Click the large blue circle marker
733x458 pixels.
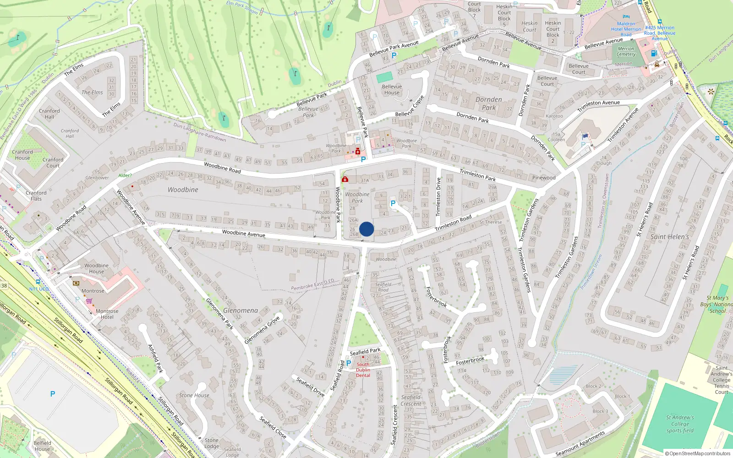click(366, 229)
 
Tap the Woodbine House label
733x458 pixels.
click(96, 268)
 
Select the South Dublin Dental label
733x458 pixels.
click(363, 370)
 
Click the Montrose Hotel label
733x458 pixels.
click(107, 314)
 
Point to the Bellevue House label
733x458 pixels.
click(392, 89)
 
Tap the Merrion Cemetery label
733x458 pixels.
click(626, 51)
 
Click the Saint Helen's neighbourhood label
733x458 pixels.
click(669, 237)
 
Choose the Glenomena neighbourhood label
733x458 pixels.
click(241, 311)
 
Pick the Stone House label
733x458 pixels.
click(194, 395)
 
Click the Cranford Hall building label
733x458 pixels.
click(49, 114)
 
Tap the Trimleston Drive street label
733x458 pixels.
click(438, 197)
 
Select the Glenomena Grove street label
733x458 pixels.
click(262, 330)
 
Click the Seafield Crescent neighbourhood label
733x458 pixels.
click(411, 400)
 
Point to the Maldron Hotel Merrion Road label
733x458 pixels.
click(626, 29)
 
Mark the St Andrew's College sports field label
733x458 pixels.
click(680, 424)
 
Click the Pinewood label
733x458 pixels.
click(544, 178)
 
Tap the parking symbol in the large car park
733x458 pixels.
click(53, 394)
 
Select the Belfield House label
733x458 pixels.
click(42, 446)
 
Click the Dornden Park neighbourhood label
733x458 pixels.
click(489, 104)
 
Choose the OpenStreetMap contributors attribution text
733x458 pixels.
click(698, 453)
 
